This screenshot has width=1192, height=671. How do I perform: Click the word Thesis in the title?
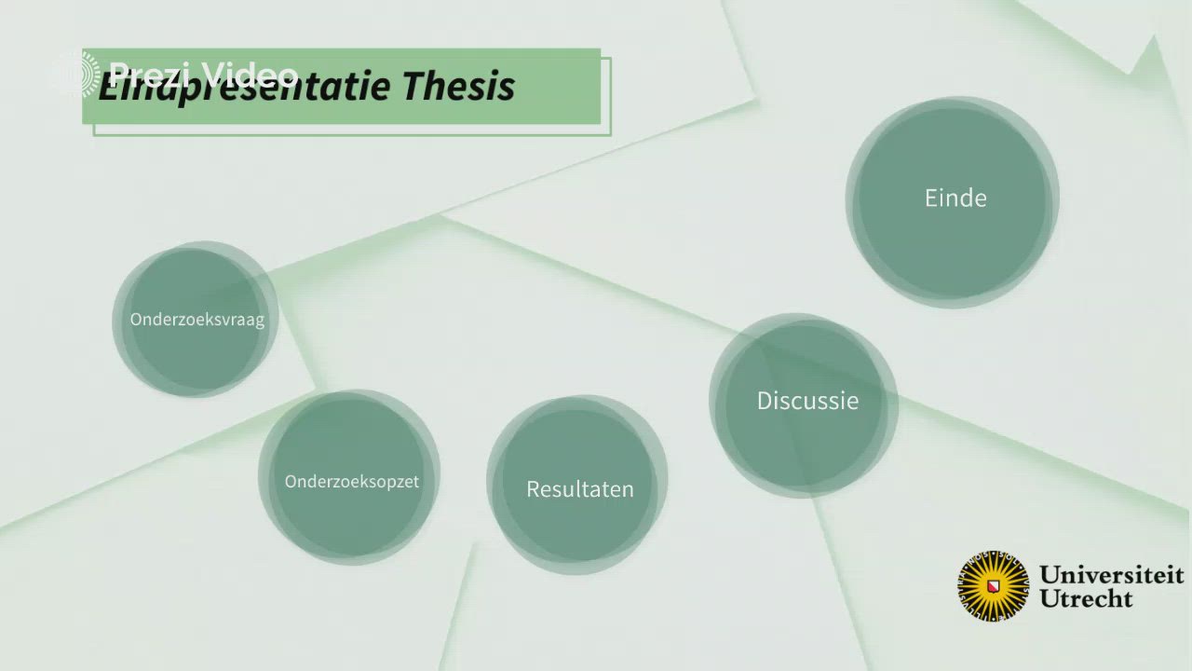point(458,87)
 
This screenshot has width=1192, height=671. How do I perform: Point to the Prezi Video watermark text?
point(203,74)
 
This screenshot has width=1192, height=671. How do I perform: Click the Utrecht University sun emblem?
point(994,585)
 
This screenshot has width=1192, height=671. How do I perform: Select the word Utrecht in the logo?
point(1086,598)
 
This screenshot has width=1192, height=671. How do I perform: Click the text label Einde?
point(955,198)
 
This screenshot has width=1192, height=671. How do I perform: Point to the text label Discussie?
point(807,401)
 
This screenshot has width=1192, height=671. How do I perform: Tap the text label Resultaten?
point(579,489)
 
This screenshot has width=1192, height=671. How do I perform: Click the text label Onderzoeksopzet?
point(352,482)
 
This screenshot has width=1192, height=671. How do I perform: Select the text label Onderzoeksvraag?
point(197,320)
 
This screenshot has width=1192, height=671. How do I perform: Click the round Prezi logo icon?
point(75,75)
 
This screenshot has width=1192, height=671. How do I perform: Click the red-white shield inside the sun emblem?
point(994,586)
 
